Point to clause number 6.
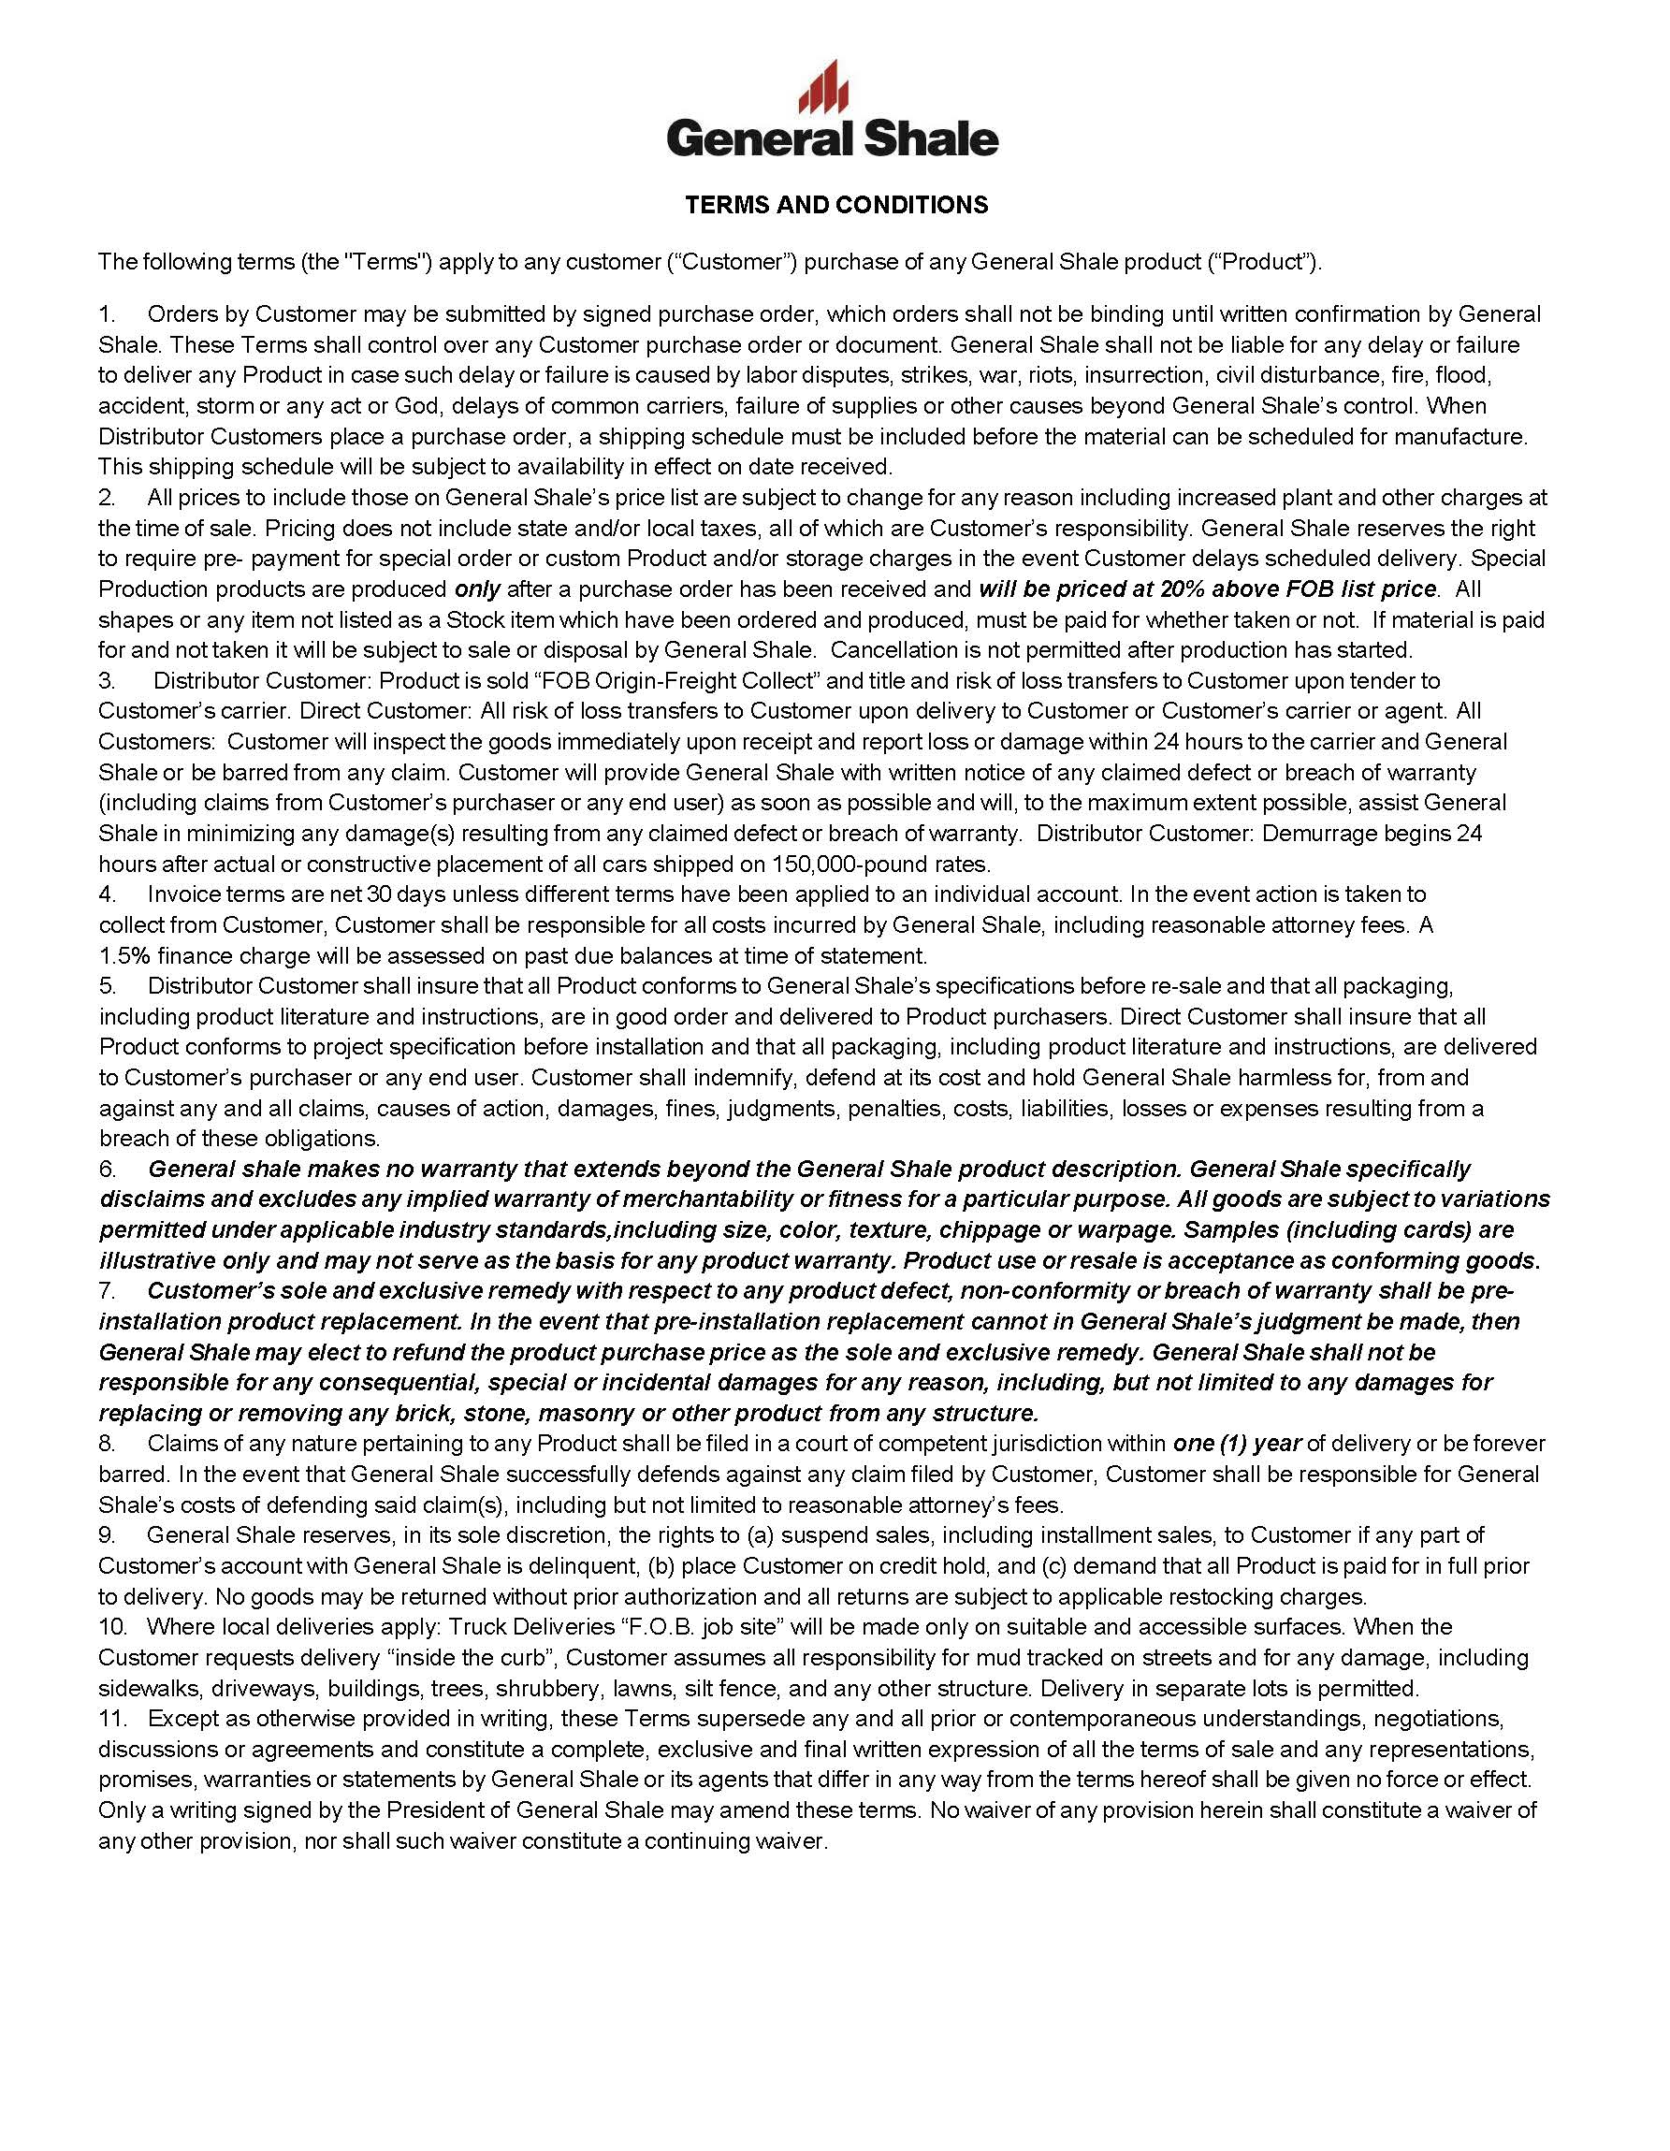(x=108, y=1170)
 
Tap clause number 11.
(x=113, y=1719)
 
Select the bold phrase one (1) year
(x=1237, y=1444)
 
